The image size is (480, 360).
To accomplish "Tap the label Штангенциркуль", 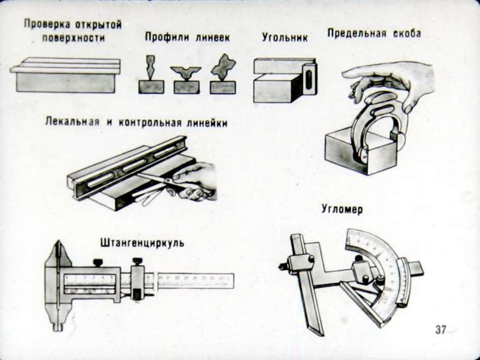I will click(x=142, y=243).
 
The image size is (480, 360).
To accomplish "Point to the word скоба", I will click(x=405, y=34).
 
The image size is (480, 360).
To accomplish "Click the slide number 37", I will click(x=441, y=329).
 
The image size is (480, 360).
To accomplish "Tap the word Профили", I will click(x=166, y=38).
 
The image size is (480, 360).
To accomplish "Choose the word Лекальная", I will click(x=72, y=122).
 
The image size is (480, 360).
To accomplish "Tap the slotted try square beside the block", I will click(x=308, y=81).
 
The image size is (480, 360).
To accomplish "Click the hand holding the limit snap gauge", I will click(x=395, y=79).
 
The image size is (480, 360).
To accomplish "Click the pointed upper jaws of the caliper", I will click(x=60, y=253).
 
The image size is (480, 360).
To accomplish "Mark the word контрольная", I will click(x=151, y=122).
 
